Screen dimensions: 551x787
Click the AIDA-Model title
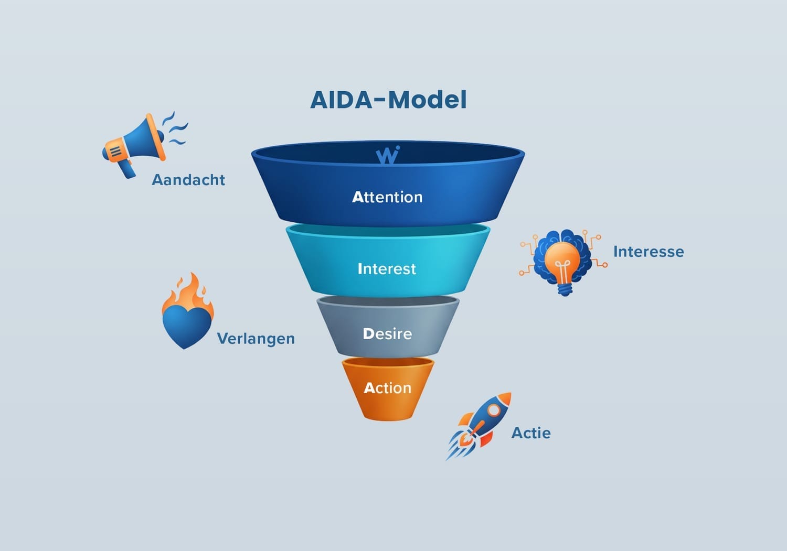coord(388,100)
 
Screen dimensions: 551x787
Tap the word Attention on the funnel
coord(387,197)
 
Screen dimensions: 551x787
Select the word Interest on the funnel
coord(387,269)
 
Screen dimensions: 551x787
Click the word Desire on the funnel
coord(387,334)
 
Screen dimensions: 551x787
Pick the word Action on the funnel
coord(388,388)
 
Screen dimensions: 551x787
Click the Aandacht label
coord(188,180)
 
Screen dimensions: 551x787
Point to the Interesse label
coord(648,252)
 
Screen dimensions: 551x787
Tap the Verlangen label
coord(256,339)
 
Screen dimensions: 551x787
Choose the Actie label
coord(531,433)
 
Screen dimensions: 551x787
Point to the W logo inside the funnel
coord(388,155)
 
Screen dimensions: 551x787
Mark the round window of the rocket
coord(493,410)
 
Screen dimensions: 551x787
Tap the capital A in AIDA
coord(320,100)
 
